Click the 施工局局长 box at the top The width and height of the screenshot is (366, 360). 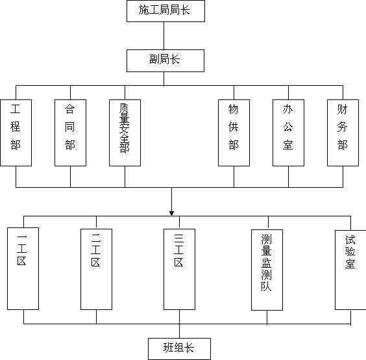click(165, 11)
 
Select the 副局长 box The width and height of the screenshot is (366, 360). click(165, 60)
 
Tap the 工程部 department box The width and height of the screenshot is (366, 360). click(16, 133)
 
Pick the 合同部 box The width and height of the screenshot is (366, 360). click(70, 133)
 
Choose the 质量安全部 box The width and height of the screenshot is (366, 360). click(125, 133)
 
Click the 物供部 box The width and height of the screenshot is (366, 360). click(234, 133)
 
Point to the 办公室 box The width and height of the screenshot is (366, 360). click(289, 133)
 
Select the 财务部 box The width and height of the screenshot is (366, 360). click(343, 133)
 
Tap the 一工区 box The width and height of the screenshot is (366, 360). click(23, 268)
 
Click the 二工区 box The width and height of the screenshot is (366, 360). click(97, 269)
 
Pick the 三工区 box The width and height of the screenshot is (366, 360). click(180, 269)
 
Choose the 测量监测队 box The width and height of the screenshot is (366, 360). click(267, 270)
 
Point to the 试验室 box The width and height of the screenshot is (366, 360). click(350, 270)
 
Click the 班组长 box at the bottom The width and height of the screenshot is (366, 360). click(180, 349)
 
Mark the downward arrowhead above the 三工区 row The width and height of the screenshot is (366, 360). click(171, 213)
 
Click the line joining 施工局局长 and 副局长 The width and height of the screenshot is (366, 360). click(164, 36)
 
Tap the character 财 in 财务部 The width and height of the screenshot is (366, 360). click(342, 109)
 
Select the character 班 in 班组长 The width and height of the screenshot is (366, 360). click(168, 348)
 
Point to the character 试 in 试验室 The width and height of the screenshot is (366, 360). click(350, 240)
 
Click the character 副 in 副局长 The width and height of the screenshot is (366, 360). click(154, 59)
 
